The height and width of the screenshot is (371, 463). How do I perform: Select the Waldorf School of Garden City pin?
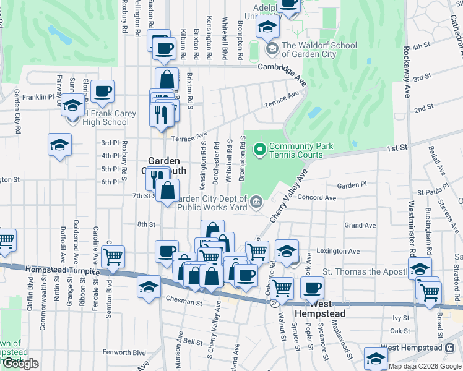(271, 48)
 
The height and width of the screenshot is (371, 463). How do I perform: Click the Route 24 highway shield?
(273, 303)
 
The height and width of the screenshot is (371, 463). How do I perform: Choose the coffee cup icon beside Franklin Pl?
(103, 91)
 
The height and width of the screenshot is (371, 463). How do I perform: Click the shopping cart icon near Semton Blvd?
(113, 255)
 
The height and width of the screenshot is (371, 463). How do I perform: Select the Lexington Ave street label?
(338, 251)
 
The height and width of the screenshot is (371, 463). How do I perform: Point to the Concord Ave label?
(317, 198)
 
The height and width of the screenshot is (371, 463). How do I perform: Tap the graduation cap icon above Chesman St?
(149, 287)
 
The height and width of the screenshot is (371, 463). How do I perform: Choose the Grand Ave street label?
(360, 225)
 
